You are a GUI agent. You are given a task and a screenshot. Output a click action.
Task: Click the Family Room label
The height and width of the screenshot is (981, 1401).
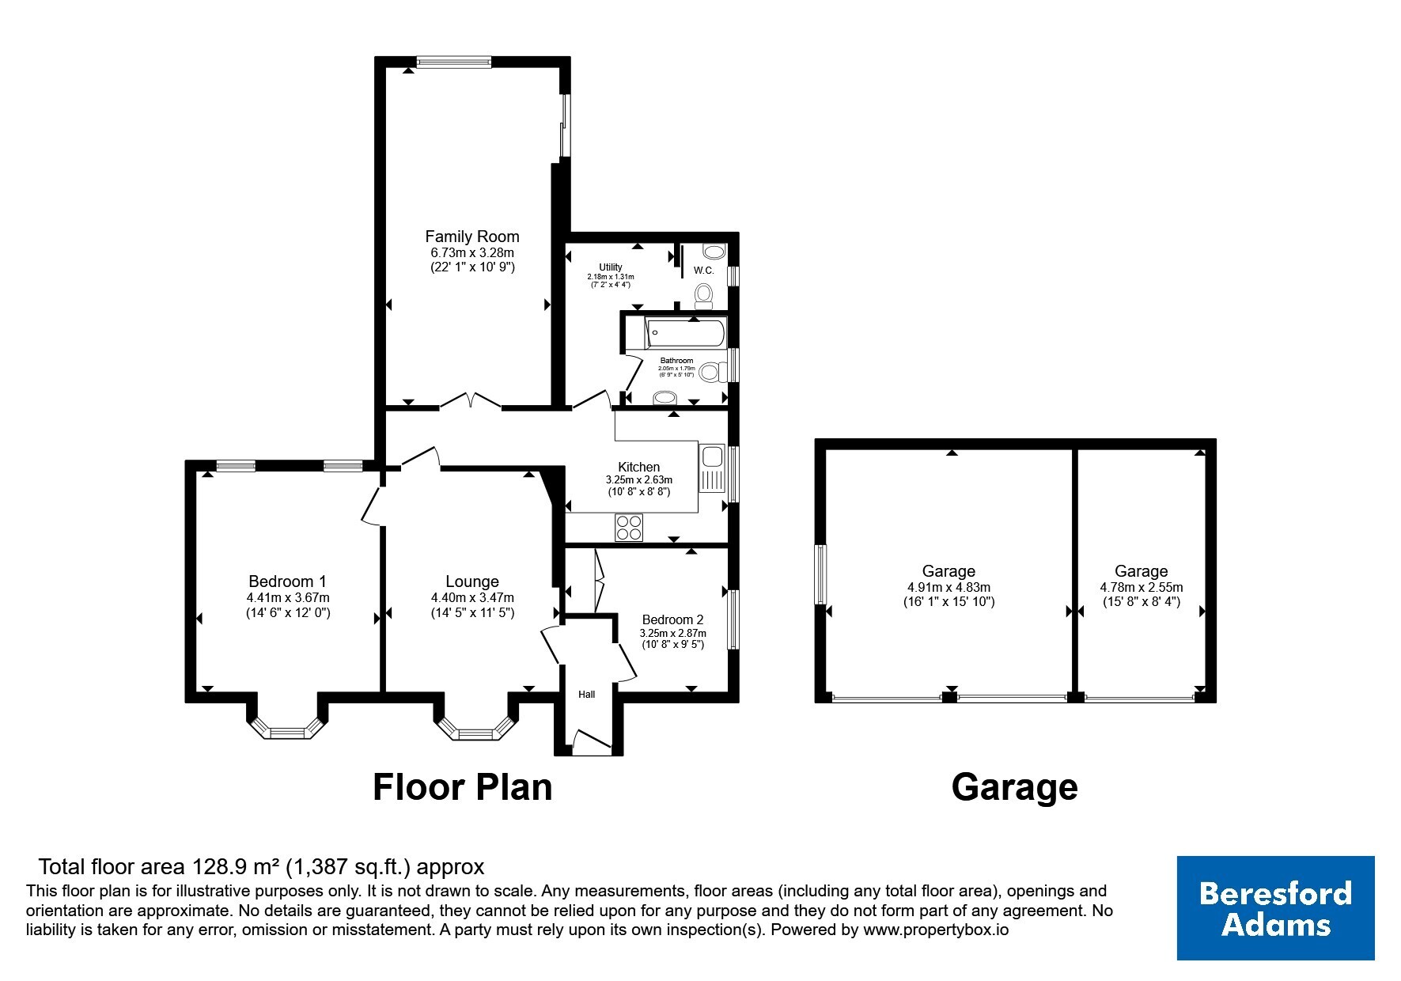[472, 236]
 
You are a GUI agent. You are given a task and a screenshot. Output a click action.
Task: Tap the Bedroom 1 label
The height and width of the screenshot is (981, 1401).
[287, 581]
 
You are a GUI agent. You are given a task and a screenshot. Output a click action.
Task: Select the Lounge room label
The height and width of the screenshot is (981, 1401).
[472, 581]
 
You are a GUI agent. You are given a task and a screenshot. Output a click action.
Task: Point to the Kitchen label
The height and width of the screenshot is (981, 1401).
[638, 467]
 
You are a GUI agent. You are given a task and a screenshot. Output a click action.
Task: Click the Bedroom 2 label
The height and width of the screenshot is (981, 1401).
[672, 619]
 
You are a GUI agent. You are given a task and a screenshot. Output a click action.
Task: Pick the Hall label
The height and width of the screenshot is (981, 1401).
[586, 695]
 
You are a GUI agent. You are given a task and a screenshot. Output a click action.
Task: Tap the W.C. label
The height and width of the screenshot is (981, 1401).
[704, 270]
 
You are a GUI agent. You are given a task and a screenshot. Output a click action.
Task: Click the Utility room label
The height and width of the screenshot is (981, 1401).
[611, 267]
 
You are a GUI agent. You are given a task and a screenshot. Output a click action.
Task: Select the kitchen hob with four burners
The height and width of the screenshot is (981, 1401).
[630, 528]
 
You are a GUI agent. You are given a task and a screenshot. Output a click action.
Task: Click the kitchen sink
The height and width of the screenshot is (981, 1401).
[711, 468]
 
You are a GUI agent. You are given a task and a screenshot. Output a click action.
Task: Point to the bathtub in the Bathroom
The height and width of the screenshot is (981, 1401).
[685, 333]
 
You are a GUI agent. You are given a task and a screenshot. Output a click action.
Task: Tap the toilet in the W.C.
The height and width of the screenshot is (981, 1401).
[703, 297]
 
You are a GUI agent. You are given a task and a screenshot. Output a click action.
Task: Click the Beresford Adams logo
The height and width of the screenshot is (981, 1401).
[1275, 907]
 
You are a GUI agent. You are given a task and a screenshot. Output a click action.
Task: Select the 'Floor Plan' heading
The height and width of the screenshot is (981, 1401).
[463, 787]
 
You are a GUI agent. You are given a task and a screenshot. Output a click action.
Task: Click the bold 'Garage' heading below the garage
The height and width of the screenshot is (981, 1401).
[1014, 787]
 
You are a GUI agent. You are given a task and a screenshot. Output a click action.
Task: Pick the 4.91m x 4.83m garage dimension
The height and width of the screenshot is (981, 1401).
[949, 587]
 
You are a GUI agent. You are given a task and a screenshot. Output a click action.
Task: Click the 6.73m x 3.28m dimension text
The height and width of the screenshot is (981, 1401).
[472, 252]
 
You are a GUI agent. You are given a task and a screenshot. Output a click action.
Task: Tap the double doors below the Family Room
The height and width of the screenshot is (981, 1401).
[470, 401]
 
